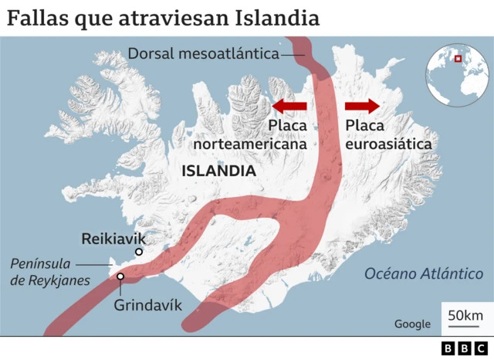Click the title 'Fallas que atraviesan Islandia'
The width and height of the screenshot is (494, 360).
click(x=163, y=17)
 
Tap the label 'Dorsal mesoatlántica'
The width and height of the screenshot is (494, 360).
click(x=203, y=54)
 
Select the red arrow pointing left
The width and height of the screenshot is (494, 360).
click(x=289, y=105)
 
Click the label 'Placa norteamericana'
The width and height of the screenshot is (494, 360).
click(x=250, y=134)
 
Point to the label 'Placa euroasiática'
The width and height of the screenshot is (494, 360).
click(x=388, y=134)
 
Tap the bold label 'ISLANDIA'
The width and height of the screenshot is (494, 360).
click(x=218, y=171)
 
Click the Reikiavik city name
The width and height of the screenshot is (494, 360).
click(x=113, y=239)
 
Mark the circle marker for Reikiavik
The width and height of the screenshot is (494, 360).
click(x=139, y=252)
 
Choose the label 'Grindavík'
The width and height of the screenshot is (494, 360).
click(x=148, y=304)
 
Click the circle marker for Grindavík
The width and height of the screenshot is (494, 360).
click(x=121, y=276)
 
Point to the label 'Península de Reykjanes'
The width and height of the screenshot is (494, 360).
click(x=50, y=272)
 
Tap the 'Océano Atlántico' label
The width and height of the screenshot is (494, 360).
click(x=424, y=273)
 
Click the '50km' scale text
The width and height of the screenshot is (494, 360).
click(x=465, y=314)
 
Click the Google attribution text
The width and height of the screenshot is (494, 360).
click(x=412, y=324)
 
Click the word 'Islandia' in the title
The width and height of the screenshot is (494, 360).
click(x=281, y=17)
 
